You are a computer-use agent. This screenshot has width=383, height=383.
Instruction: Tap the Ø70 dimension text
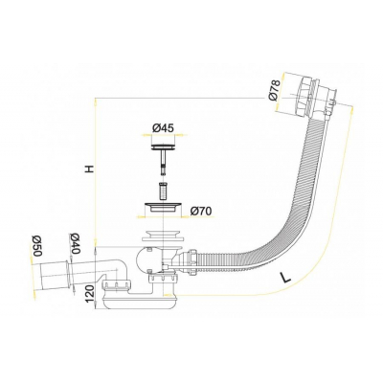click(200, 211)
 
